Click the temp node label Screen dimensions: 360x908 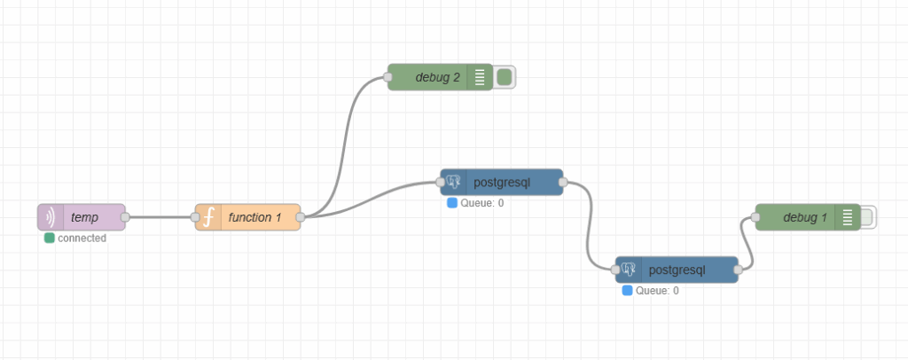pyautogui.click(x=85, y=217)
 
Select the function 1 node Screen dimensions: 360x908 pyautogui.click(x=254, y=217)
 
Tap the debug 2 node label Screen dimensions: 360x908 pyautogui.click(x=437, y=77)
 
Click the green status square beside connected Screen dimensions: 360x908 pyautogui.click(x=50, y=238)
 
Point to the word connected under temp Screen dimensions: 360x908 pyautogui.click(x=82, y=238)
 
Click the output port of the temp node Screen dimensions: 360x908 pyautogui.click(x=125, y=217)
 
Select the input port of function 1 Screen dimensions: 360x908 pyautogui.click(x=196, y=217)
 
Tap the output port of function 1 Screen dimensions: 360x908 pyautogui.click(x=301, y=217)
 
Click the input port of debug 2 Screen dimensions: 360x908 pyautogui.click(x=388, y=77)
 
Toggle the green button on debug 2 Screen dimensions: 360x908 pyautogui.click(x=505, y=77)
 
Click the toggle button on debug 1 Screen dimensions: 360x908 pyautogui.click(x=868, y=217)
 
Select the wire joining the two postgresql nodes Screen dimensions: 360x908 pyautogui.click(x=590, y=225)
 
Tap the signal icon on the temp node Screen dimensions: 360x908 pyautogui.click(x=50, y=217)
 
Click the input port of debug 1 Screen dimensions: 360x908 pyautogui.click(x=756, y=217)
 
